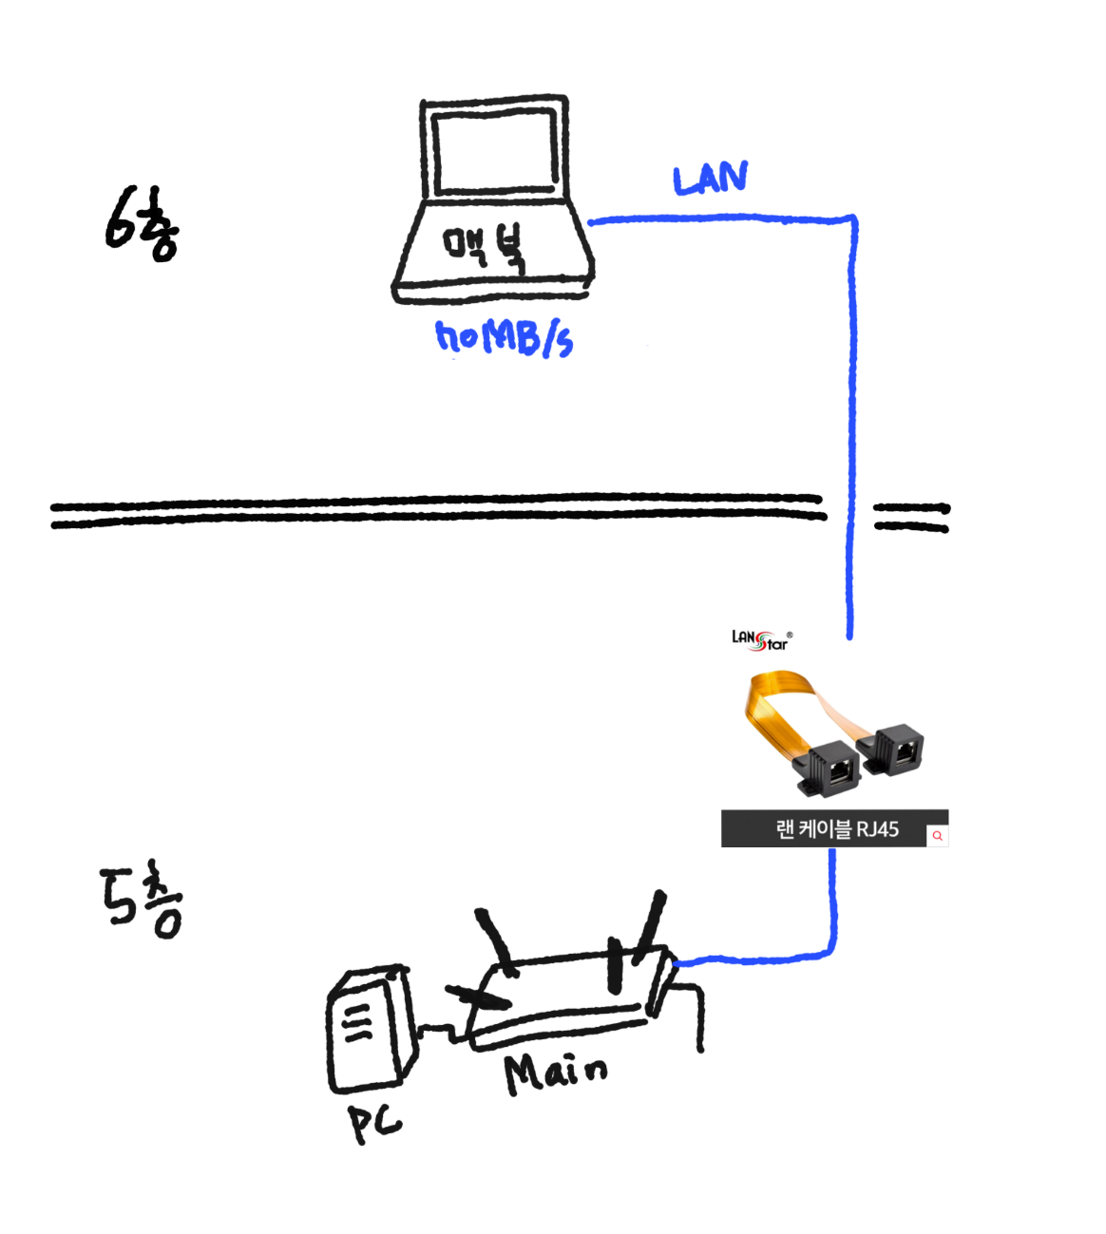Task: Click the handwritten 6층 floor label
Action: [141, 224]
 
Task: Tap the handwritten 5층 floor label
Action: [142, 901]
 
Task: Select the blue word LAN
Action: [710, 179]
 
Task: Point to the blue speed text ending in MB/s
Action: [504, 337]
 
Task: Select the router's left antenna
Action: [496, 940]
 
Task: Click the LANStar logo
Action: [761, 640]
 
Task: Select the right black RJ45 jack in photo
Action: [895, 750]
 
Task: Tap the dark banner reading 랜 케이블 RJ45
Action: [823, 828]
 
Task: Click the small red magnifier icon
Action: [937, 836]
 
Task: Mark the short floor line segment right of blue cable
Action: [910, 518]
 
